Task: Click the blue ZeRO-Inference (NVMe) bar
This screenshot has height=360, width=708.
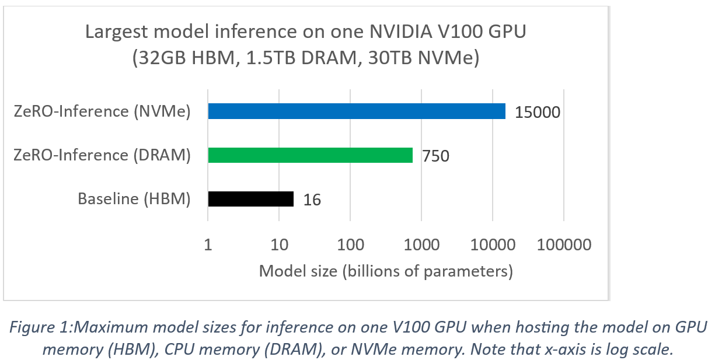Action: click(x=357, y=111)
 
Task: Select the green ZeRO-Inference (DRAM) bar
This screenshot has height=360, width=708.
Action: click(x=310, y=155)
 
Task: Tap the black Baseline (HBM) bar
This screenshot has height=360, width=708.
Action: click(x=250, y=200)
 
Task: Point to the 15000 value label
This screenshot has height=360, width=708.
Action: click(x=537, y=111)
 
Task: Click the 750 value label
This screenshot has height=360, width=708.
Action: click(x=435, y=156)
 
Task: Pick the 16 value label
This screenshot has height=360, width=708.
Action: click(x=312, y=200)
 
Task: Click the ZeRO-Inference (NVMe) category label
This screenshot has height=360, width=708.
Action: click(x=103, y=111)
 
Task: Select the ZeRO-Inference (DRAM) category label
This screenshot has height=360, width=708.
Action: click(x=103, y=155)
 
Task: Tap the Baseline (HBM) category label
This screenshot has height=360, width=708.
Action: click(x=134, y=200)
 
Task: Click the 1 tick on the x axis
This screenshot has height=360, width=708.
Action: click(x=208, y=245)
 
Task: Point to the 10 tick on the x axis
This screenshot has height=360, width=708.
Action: click(x=279, y=245)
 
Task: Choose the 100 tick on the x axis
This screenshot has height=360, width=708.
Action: click(x=350, y=245)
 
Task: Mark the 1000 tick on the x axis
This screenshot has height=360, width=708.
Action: click(x=421, y=245)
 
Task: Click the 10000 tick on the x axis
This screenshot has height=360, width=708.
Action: click(x=492, y=245)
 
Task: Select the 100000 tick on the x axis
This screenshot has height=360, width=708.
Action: click(x=563, y=245)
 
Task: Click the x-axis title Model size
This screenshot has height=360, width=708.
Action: click(x=385, y=271)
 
